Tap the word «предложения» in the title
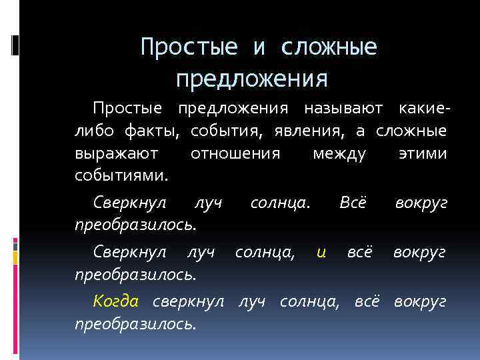pos(252,79)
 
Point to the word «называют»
pos(345,108)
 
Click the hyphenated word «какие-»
pos(422,108)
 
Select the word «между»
pos(339,154)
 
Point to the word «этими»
pos(421,154)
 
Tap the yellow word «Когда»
pos(116,301)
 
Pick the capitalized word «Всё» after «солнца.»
pos(353,201)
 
